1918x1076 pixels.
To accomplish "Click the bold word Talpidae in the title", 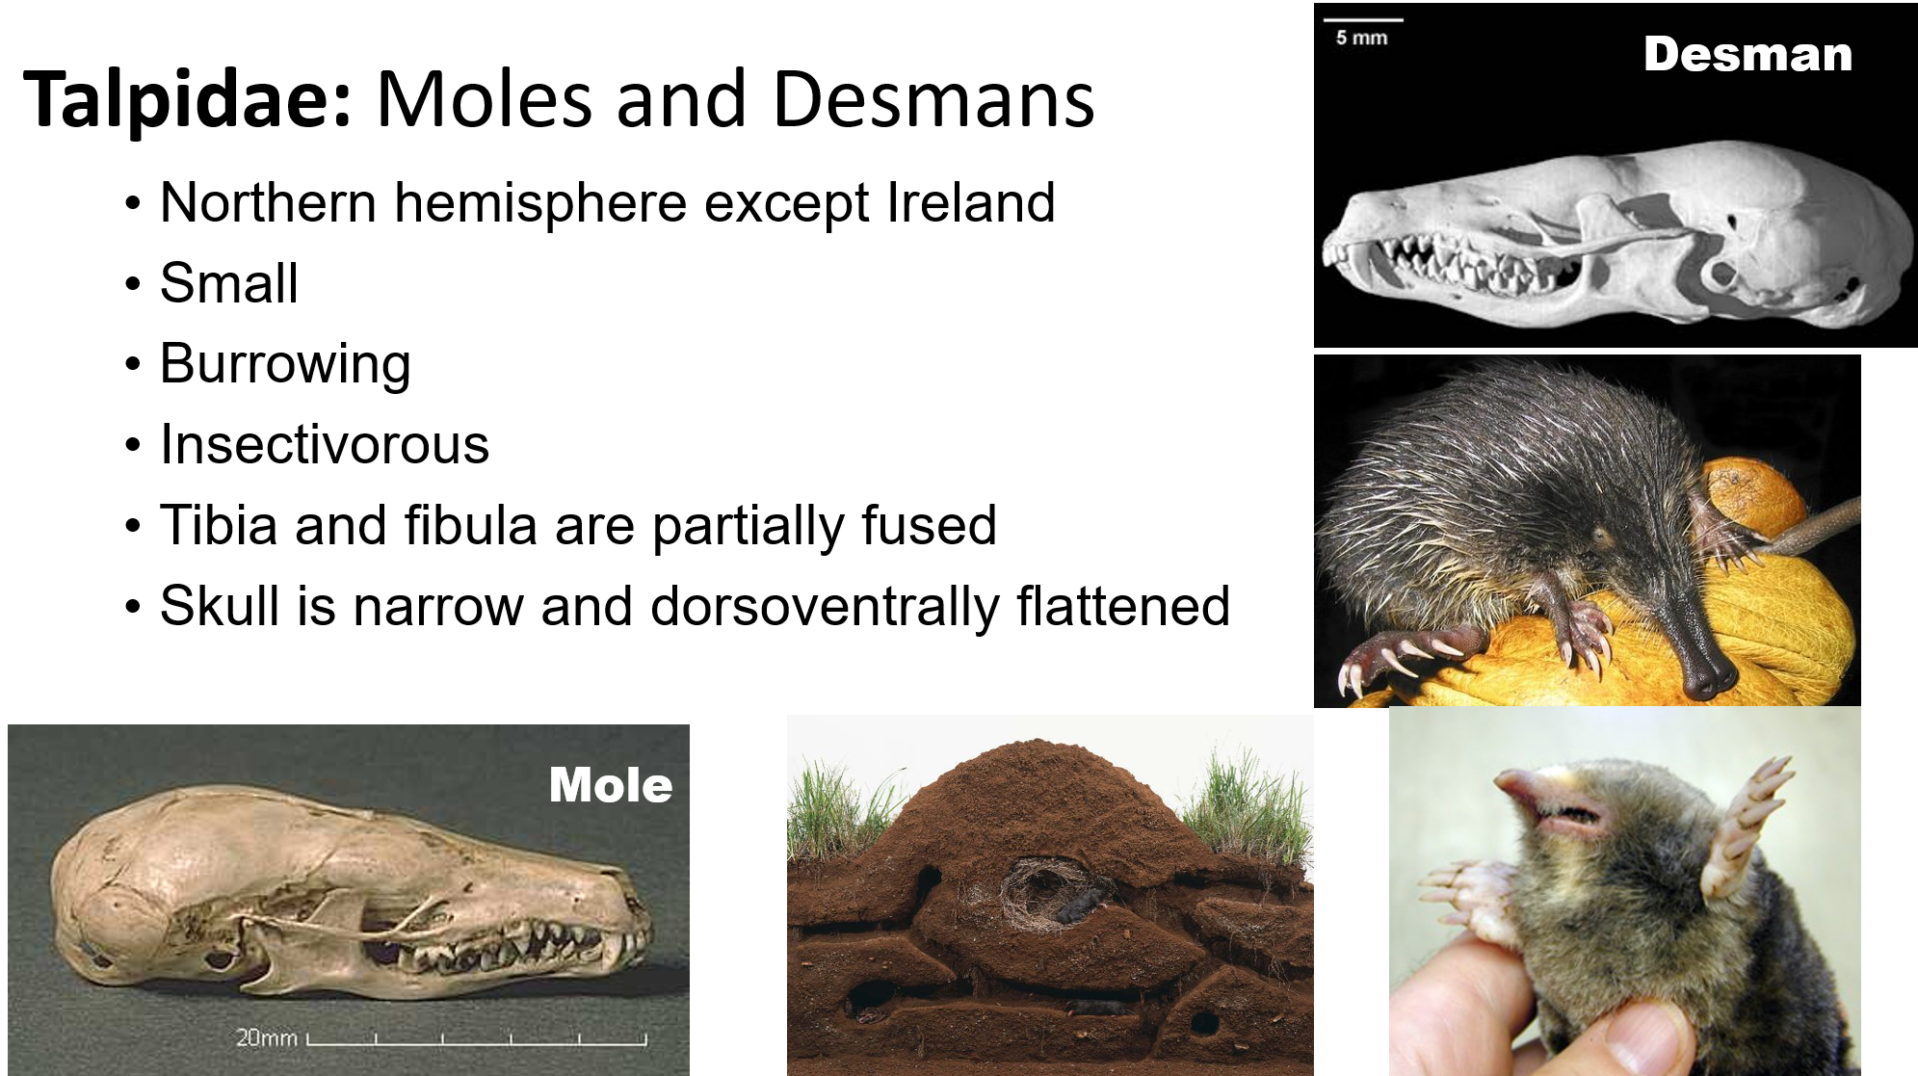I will [x=188, y=100].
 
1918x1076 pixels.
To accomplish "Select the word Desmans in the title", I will [x=933, y=100].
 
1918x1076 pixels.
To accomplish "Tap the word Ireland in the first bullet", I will [x=970, y=203].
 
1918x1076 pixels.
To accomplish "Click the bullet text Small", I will [x=229, y=284].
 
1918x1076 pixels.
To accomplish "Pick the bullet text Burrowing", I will [x=285, y=365].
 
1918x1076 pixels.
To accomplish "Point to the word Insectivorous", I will [x=325, y=445].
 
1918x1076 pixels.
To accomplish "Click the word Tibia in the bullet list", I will [x=219, y=526].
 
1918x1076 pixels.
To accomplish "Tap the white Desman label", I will [x=1747, y=55].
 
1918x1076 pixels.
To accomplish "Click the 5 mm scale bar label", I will [x=1361, y=39].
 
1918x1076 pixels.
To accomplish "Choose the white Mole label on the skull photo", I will [x=611, y=785].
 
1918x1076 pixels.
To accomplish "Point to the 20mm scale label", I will [x=267, y=1037].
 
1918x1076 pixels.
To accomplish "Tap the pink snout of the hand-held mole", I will [x=1541, y=800].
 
